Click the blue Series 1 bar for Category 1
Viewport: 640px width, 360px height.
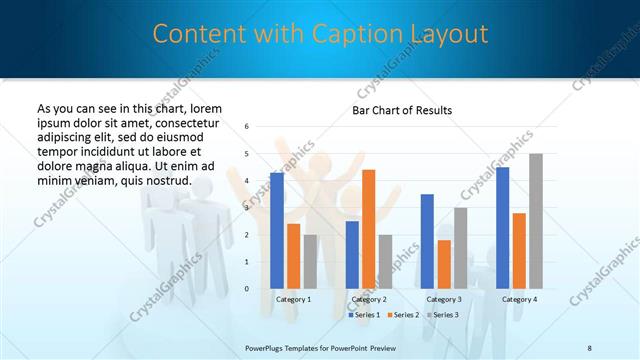[x=277, y=231]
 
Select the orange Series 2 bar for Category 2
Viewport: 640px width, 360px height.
[x=369, y=229]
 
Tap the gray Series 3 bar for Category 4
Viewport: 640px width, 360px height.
[x=536, y=221]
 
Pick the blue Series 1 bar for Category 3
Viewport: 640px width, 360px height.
[x=427, y=241]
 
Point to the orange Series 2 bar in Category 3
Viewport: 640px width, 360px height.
[x=444, y=264]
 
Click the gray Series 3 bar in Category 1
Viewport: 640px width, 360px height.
[x=310, y=261]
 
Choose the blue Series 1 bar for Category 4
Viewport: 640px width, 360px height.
[x=502, y=228]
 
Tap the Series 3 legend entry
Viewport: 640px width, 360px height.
[x=441, y=315]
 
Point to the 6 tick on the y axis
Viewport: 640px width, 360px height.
[x=247, y=127]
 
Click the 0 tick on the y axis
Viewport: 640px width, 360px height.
[x=247, y=289]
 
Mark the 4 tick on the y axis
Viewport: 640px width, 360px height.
[x=247, y=181]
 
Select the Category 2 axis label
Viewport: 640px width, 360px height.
[x=369, y=299]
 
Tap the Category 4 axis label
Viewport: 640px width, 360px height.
[x=519, y=299]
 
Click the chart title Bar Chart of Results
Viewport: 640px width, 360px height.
[x=402, y=109]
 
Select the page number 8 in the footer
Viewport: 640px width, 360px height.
[x=590, y=347]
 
